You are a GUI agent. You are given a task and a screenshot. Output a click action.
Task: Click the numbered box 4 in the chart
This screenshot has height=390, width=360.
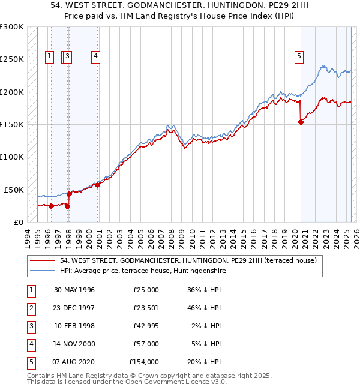click(x=95, y=57)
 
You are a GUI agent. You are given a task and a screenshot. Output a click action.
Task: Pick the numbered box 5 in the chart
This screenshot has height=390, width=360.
click(x=299, y=57)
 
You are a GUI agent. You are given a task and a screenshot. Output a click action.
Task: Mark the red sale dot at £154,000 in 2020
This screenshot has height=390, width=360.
click(x=301, y=122)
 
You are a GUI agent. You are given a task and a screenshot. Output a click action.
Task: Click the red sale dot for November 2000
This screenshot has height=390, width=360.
click(x=97, y=185)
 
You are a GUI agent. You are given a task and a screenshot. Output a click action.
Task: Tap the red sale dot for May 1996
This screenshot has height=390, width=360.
click(x=51, y=206)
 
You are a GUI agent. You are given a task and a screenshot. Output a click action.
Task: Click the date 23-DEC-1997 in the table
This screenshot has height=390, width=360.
click(x=74, y=308)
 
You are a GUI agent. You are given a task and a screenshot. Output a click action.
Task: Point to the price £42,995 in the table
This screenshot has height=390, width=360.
click(x=145, y=326)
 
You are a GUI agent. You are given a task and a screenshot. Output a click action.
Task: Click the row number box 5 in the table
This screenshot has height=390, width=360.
click(x=31, y=362)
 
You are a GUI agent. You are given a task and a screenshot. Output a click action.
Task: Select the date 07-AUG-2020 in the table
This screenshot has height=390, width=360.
click(x=74, y=362)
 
